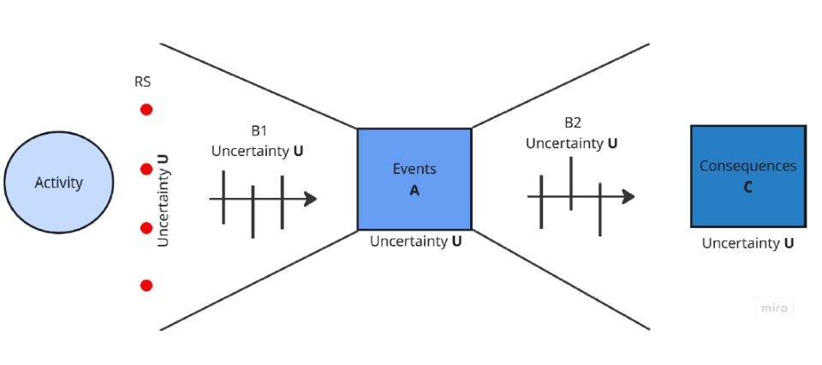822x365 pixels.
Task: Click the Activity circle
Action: click(58, 182)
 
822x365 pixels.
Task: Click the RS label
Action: click(143, 83)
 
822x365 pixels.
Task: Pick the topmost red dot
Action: click(146, 110)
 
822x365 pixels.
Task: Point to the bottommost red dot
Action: click(146, 285)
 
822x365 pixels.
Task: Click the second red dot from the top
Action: click(146, 169)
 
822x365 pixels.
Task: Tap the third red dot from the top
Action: click(146, 228)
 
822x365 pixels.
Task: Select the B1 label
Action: click(259, 132)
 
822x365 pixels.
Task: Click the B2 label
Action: click(573, 123)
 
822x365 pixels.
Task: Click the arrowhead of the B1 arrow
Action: click(311, 199)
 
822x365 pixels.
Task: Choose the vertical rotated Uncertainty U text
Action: click(164, 200)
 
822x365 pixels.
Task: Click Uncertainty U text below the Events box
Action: click(416, 242)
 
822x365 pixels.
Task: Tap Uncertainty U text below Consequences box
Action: click(748, 243)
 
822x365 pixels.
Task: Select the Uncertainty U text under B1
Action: click(257, 151)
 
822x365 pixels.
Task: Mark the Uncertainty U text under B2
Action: click(572, 143)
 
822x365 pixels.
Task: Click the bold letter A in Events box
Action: click(414, 190)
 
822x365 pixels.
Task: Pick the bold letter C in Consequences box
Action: click(748, 187)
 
